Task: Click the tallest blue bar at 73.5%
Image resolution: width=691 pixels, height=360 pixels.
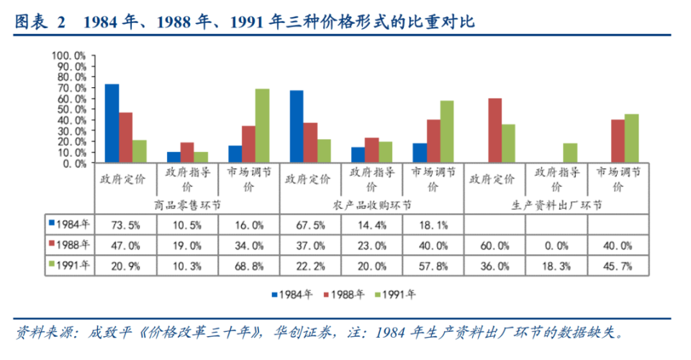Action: click(112, 124)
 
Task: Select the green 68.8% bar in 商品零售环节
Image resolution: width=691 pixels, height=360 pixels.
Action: click(262, 126)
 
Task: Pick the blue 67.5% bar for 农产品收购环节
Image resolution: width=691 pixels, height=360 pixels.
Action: click(297, 127)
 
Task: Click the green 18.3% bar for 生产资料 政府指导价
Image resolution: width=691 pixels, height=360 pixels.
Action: click(570, 153)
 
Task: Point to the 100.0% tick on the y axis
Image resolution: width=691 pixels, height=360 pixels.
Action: click(71, 55)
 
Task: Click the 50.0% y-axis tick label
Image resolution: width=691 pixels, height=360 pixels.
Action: click(73, 109)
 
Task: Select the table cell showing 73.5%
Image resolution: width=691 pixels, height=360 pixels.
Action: click(125, 225)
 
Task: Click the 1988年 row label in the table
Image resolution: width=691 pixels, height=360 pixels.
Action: click(71, 245)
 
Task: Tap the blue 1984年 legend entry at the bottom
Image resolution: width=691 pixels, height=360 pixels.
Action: click(293, 294)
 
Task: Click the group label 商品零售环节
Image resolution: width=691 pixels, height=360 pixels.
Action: click(186, 204)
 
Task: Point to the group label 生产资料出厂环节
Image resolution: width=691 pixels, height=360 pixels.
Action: click(557, 204)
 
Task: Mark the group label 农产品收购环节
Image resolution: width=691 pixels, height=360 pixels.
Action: click(372, 204)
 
